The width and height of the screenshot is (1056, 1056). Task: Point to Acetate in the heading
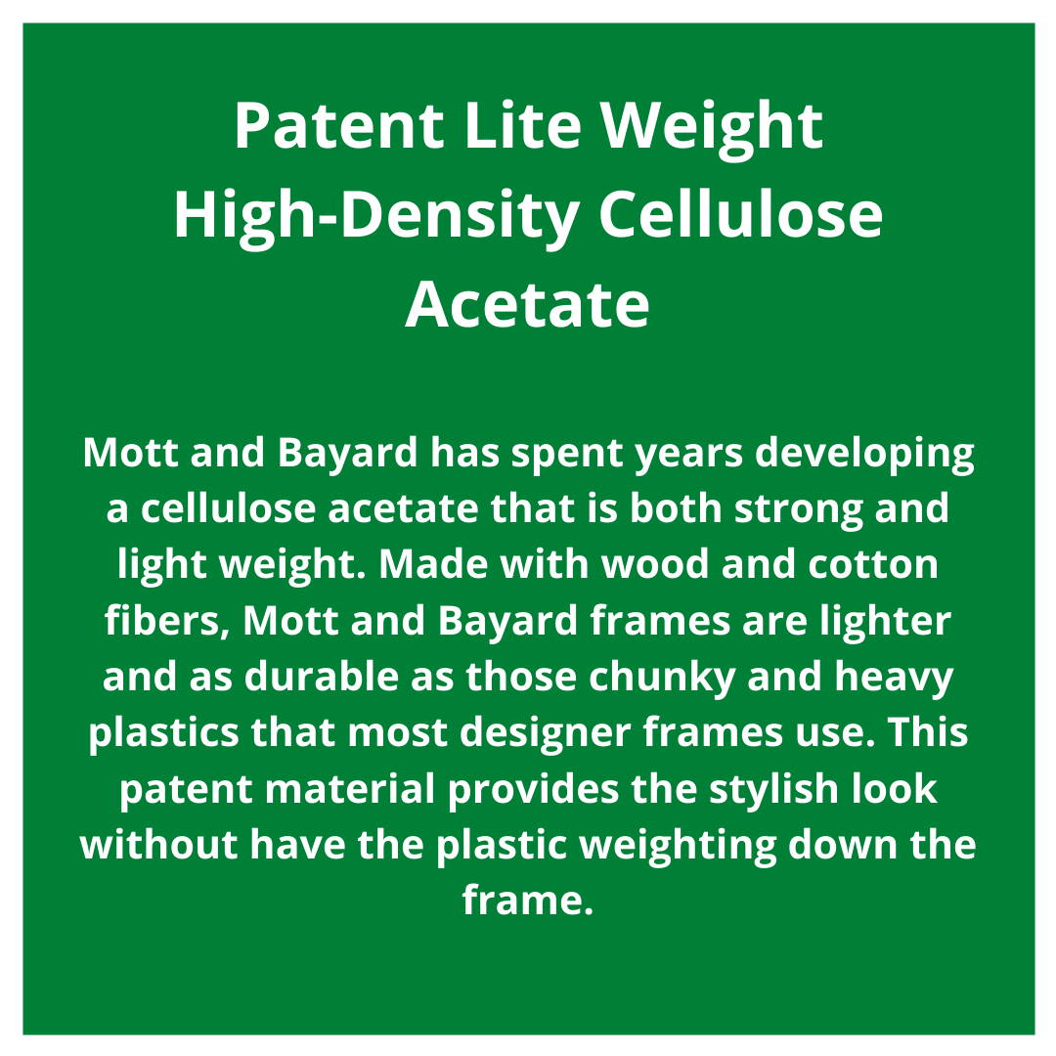click(x=527, y=305)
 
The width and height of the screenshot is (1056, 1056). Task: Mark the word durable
click(x=322, y=676)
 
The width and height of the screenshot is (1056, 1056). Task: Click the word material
click(x=349, y=788)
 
